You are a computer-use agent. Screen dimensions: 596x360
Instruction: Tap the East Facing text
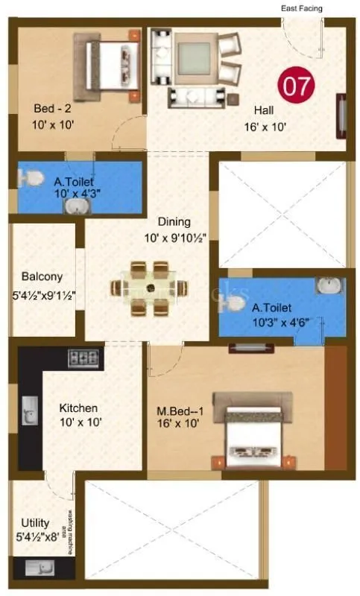pyautogui.click(x=302, y=8)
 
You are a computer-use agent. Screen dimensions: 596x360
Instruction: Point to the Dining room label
pyautogui.click(x=174, y=221)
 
